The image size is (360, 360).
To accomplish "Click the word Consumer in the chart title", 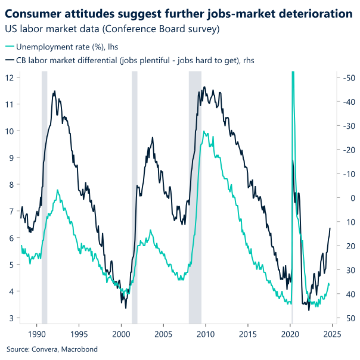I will pos(35,13).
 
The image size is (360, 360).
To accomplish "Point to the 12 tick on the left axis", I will pos(10,77).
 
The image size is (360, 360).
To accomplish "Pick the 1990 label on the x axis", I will pos(37,334).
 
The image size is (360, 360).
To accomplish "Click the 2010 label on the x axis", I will pos(206,334).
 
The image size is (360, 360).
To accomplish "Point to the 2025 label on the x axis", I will pos(332,334).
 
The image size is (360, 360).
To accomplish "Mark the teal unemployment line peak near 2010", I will pos(205,132).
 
